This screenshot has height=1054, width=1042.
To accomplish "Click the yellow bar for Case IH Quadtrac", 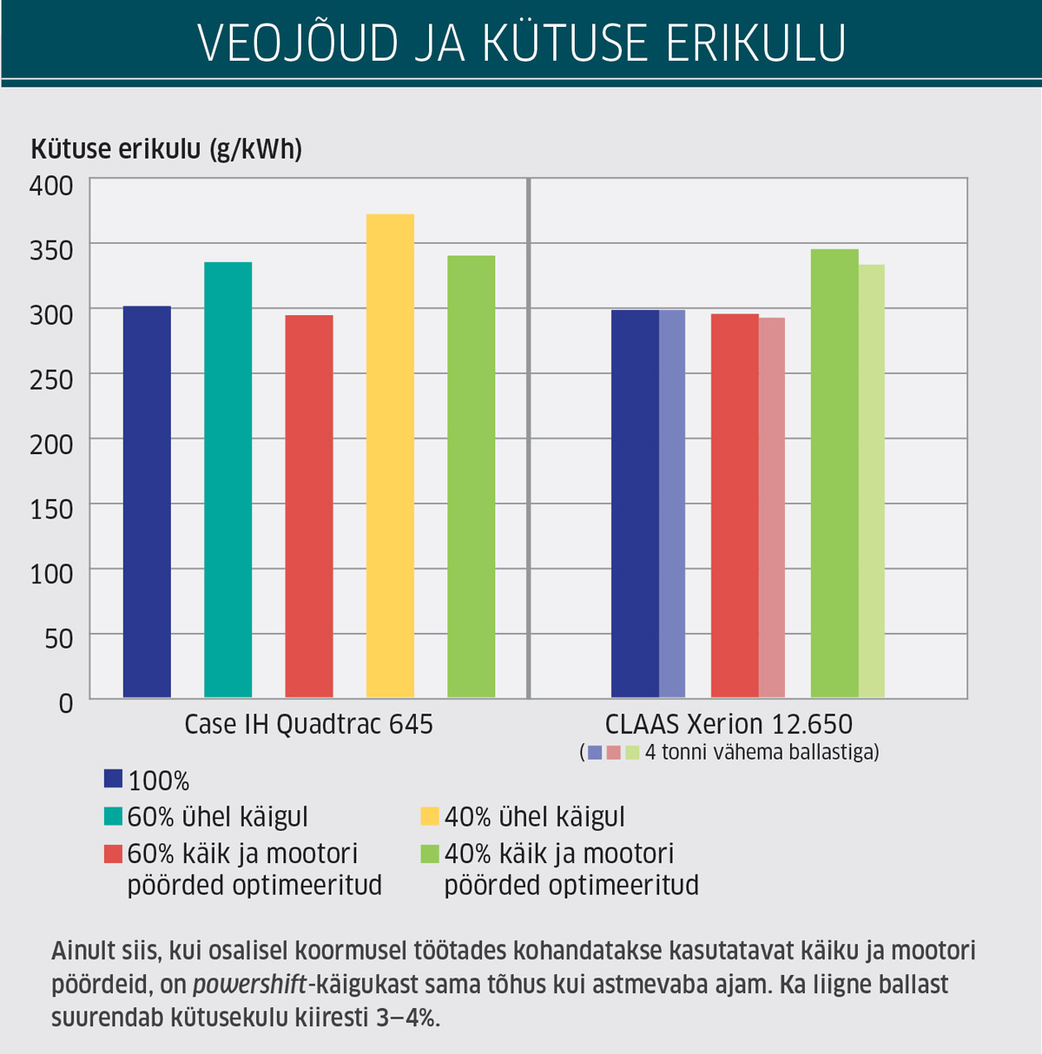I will click(x=390, y=456).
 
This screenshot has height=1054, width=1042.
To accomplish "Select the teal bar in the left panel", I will click(x=228, y=479).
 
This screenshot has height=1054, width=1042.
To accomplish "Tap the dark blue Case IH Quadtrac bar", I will click(x=147, y=502).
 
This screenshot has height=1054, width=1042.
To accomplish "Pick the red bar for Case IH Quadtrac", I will click(x=309, y=506).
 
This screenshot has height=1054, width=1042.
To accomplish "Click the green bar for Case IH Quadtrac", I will click(x=471, y=477).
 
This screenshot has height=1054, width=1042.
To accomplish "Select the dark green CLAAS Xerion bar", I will click(x=834, y=473).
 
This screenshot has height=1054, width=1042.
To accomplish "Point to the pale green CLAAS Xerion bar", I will click(x=872, y=481).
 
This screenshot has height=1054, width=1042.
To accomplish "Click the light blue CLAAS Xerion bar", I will click(x=672, y=504).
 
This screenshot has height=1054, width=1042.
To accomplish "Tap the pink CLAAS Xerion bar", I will click(x=772, y=508).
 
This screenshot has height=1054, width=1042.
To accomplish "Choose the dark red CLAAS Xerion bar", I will click(x=735, y=505).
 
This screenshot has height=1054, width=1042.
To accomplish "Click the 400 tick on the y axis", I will click(x=51, y=185).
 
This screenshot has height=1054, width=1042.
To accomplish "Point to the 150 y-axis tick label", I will click(x=51, y=509).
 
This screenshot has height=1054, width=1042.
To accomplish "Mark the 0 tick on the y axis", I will click(x=66, y=703).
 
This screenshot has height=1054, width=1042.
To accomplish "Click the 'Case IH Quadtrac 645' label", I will click(x=308, y=724).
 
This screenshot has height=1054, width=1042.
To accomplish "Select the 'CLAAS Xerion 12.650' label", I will click(x=729, y=724).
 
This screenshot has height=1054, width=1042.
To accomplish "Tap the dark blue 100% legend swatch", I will click(x=113, y=779).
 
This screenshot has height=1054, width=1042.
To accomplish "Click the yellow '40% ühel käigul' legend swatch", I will click(x=430, y=816).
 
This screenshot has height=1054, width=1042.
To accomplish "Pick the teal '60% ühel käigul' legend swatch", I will click(x=113, y=816).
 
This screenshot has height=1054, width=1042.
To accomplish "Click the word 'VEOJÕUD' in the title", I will click(x=298, y=43).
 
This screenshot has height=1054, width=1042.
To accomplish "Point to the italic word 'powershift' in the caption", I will click(x=249, y=985).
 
